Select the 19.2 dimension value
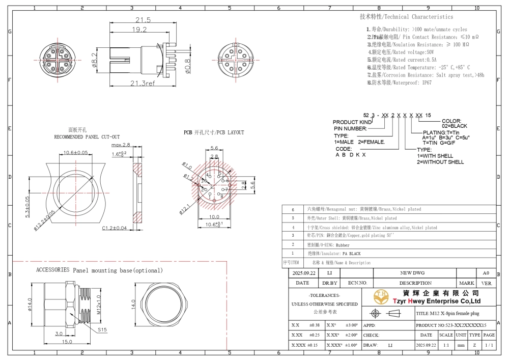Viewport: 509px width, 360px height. pyautogui.click(x=137, y=30)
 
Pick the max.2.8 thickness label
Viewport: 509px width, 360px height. pyautogui.click(x=121, y=145)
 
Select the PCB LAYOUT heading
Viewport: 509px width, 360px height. pyautogui.click(x=214, y=132)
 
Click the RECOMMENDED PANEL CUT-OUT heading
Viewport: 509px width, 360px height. pyautogui.click(x=87, y=137)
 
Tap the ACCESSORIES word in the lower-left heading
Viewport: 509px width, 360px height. pyautogui.click(x=52, y=270)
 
